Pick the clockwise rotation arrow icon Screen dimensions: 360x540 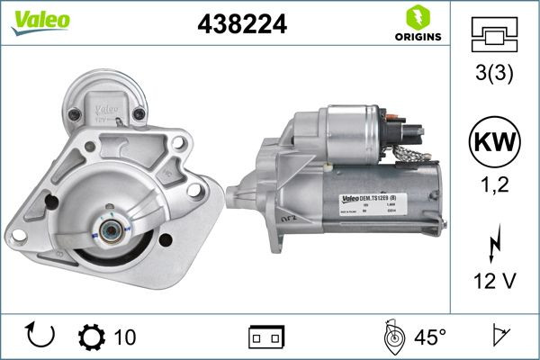41,337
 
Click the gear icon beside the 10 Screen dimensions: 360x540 92,337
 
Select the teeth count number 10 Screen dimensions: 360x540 125,337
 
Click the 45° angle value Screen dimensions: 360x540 429,337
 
